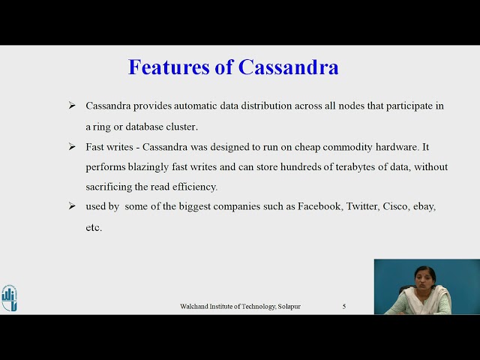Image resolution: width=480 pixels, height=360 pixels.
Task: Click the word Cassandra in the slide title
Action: coord(289,67)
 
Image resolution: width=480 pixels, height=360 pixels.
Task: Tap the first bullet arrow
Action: coord(72,106)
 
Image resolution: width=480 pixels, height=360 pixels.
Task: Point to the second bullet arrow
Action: coord(72,146)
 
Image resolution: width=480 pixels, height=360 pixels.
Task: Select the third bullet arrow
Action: coord(72,205)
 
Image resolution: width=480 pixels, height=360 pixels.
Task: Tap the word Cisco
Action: coord(397,205)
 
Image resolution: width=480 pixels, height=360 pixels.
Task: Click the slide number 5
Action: coord(344,307)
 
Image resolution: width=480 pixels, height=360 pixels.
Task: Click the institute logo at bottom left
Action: coord(9,298)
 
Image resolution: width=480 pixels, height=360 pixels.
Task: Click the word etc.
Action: coord(94,226)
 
